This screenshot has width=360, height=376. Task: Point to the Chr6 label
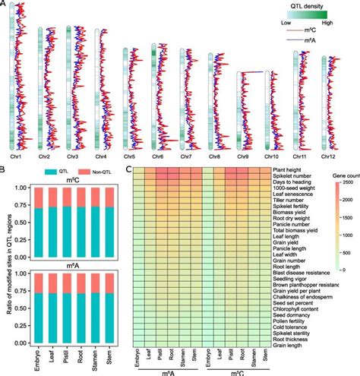coord(158,156)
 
